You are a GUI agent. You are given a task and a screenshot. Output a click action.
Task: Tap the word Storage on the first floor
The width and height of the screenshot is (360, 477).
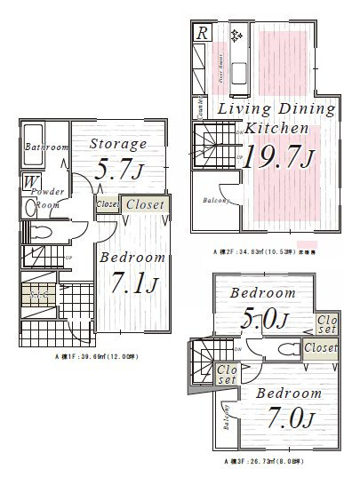[x=118, y=143]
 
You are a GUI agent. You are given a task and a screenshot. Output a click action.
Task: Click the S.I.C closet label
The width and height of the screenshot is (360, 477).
[x=38, y=293]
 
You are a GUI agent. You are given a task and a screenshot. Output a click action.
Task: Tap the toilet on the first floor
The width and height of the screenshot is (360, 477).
[x=41, y=231]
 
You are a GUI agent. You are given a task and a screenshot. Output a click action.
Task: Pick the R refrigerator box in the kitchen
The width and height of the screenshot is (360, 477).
[x=204, y=33]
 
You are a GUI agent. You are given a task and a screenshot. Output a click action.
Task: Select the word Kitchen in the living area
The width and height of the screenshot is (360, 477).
[x=276, y=128]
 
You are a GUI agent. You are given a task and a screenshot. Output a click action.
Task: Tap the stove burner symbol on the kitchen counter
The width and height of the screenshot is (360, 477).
[x=236, y=36]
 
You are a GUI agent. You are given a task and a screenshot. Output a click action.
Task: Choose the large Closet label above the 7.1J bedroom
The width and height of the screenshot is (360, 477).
[x=144, y=204]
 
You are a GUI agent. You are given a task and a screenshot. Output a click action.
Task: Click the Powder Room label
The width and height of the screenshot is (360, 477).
[x=46, y=197]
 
